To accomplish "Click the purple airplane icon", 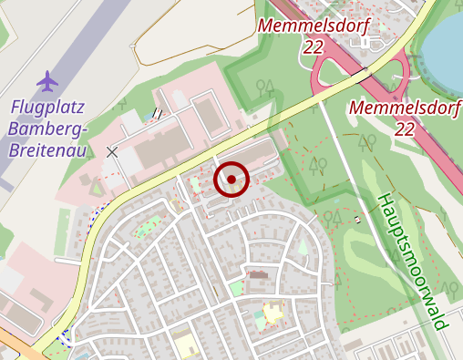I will click(x=47, y=82).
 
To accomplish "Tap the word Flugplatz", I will click(x=47, y=108).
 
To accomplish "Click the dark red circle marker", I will click(x=231, y=180).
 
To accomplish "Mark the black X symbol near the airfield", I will click(x=112, y=152).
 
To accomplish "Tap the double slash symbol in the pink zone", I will click(x=158, y=114).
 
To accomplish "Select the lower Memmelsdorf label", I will click(x=405, y=109).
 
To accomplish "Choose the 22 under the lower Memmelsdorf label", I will click(x=405, y=129).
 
